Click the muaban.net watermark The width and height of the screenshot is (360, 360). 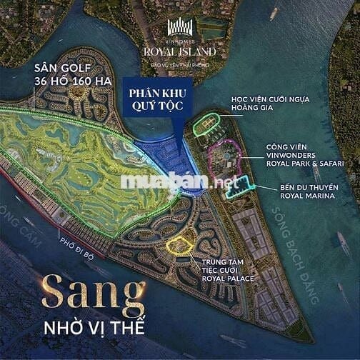pyautogui.click(x=179, y=183)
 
